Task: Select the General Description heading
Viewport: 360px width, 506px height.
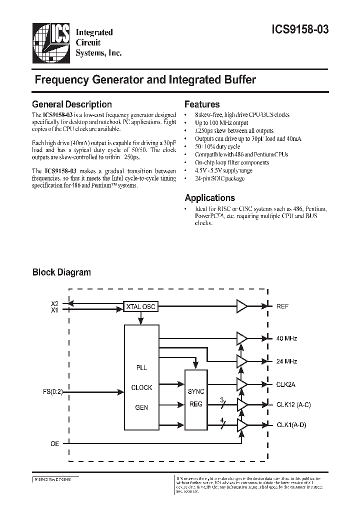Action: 72,104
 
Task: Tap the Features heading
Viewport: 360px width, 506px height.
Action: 202,104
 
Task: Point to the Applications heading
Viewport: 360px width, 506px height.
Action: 209,197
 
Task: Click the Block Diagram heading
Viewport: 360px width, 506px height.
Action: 61,272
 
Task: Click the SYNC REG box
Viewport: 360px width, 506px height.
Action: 196,397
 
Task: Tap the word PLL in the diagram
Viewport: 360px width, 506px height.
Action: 141,368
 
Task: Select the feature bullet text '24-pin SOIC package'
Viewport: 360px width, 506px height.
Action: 220,178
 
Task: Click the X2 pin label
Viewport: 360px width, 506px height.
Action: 54,303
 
